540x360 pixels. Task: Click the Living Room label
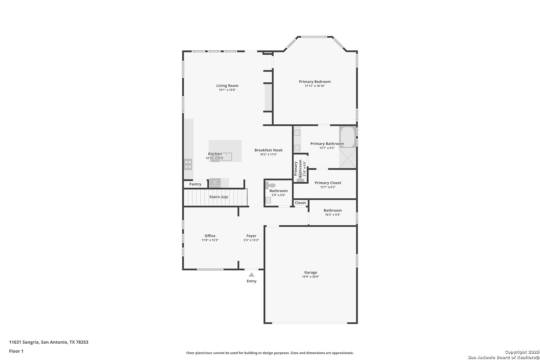(227, 86)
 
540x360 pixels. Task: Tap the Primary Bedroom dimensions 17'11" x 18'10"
(315, 86)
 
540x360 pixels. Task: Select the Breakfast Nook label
(269, 150)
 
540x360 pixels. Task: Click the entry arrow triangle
(251, 275)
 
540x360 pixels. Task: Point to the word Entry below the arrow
(251, 281)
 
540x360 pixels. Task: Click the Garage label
(311, 272)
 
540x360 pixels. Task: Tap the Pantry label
(195, 184)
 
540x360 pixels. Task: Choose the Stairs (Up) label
(219, 197)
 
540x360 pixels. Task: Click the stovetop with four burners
(188, 164)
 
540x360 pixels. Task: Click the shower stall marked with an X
(348, 158)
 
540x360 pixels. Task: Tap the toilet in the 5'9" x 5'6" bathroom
(270, 185)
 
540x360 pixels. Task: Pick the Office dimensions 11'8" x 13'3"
(210, 240)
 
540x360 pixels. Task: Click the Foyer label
(251, 236)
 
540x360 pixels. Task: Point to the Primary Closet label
(328, 183)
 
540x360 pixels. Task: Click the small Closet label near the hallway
(300, 203)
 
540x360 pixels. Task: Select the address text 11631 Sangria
(24, 342)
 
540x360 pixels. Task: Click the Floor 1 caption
(16, 351)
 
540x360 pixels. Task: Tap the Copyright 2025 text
(522, 352)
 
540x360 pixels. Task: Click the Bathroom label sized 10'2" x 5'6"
(333, 211)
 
